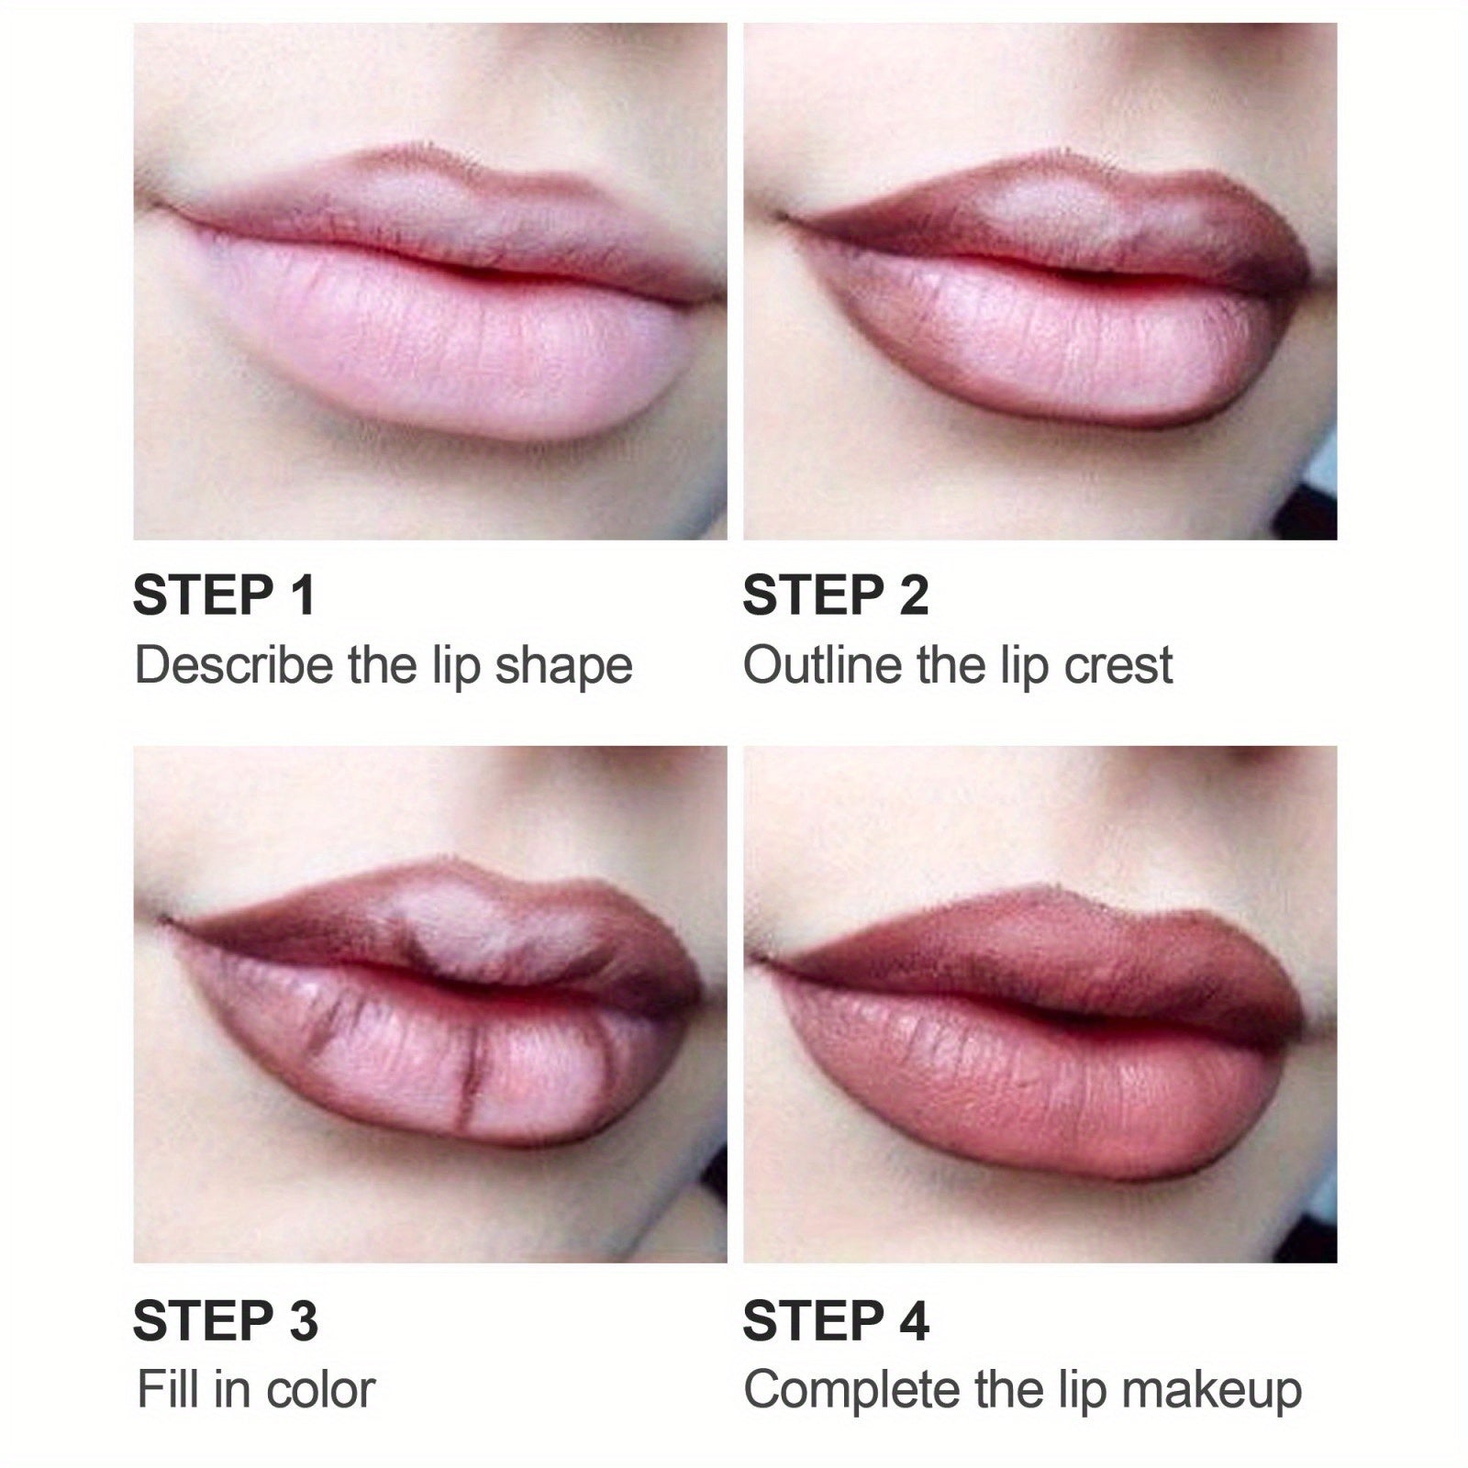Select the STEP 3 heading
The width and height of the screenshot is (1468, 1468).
[x=226, y=1321]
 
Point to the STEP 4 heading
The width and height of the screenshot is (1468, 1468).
[x=836, y=1321]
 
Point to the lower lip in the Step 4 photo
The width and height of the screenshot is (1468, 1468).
[x=1041, y=1083]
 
